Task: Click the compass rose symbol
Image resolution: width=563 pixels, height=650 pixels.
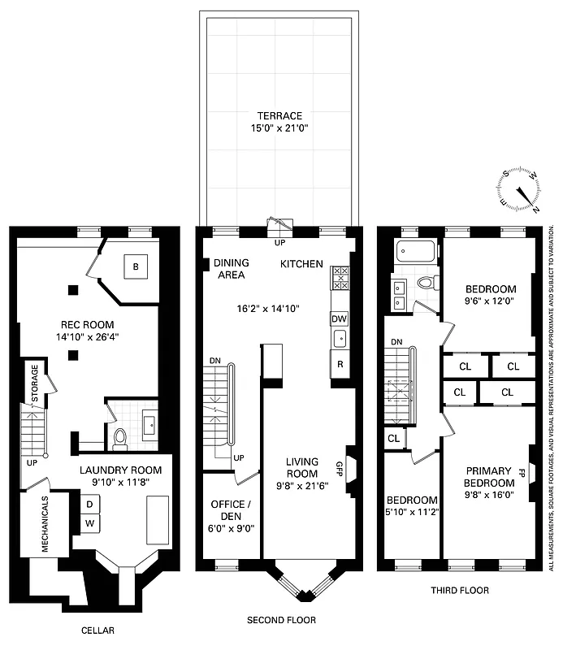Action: pos(520,188)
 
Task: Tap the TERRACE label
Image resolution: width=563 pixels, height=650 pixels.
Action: pos(279,116)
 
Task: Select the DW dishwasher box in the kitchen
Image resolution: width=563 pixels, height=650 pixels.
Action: pos(340,318)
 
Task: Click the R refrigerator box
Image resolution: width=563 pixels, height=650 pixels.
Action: pos(340,363)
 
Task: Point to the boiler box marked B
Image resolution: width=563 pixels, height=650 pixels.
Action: pos(136,266)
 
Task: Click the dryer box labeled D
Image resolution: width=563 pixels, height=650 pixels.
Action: pos(89,504)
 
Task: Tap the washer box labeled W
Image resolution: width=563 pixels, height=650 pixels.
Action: pos(89,522)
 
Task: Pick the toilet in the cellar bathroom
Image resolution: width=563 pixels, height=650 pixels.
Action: pos(119,440)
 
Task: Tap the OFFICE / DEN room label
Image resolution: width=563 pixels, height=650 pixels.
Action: pos(228,508)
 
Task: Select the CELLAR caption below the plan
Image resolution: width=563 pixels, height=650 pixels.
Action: pos(97,630)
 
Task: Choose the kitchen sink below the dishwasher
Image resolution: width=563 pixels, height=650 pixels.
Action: pos(340,337)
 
